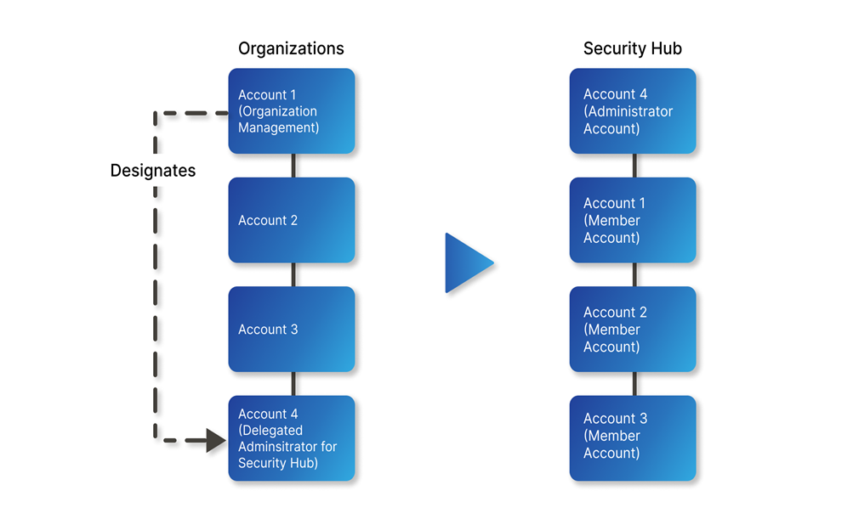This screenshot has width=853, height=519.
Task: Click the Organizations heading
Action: coord(291,48)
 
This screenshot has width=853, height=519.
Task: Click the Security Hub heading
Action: coord(632,48)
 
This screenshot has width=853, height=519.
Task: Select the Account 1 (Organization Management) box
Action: coord(292,111)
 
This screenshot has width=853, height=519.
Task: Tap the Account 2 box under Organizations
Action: coord(292,220)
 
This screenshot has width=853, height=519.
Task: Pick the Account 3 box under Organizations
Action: coord(292,330)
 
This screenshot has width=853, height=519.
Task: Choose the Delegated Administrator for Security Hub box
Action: coord(292,438)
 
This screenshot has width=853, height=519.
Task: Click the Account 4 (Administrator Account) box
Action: coord(633,111)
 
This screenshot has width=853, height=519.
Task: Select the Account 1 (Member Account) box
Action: coord(633,220)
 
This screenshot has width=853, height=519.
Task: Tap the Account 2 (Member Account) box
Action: coord(633,330)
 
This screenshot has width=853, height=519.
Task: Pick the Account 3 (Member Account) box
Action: coord(633,438)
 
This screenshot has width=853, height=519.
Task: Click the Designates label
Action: coord(153,171)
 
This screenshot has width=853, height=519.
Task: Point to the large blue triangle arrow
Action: coord(467,263)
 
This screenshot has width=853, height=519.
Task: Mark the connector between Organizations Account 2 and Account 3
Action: coord(293,274)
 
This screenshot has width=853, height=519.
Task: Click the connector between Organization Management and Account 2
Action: coord(293,166)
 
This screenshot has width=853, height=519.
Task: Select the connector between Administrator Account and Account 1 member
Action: coord(634,166)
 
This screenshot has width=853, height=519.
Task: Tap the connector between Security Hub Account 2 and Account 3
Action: coord(634,384)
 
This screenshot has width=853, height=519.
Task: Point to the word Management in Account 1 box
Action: coord(278,128)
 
